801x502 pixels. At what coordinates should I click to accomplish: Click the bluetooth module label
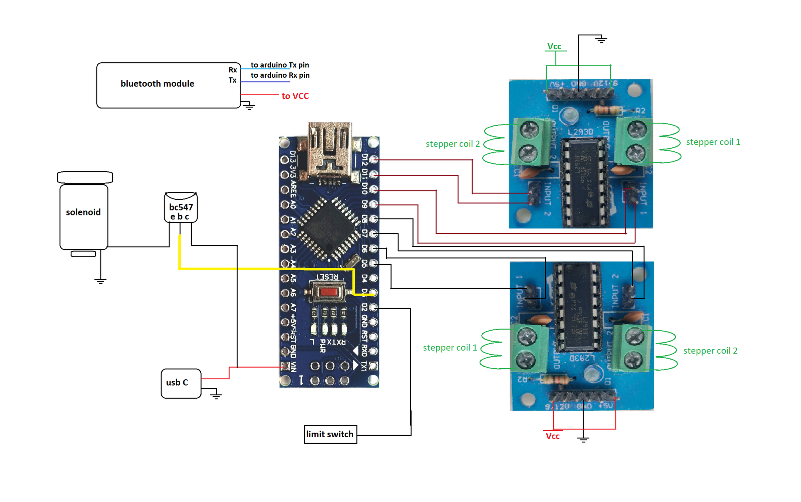pos(157,83)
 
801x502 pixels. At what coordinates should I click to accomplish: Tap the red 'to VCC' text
pos(295,96)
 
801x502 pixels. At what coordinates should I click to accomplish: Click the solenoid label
pos(83,212)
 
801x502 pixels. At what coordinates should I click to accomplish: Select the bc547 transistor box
pos(181,207)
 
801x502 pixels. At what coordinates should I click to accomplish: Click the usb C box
pos(181,383)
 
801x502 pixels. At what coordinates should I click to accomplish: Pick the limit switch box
pos(330,434)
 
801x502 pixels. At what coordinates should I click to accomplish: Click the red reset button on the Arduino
pos(328,292)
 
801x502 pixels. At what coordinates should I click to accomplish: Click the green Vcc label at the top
pos(554,46)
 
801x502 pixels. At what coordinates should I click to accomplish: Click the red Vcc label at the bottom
pos(552,436)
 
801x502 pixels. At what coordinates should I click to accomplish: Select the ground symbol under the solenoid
pos(100,281)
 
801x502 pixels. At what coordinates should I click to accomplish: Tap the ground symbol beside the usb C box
pos(216,396)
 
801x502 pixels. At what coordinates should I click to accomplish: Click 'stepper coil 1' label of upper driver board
pos(713,142)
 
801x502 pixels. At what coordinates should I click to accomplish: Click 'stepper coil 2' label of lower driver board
pos(710,351)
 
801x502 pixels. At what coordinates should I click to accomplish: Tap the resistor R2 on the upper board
pos(607,110)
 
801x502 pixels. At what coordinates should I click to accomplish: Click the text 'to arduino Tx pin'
pos(280,65)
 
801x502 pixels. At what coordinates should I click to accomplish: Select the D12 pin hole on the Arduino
pos(374,159)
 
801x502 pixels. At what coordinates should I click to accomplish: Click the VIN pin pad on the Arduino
pos(285,366)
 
